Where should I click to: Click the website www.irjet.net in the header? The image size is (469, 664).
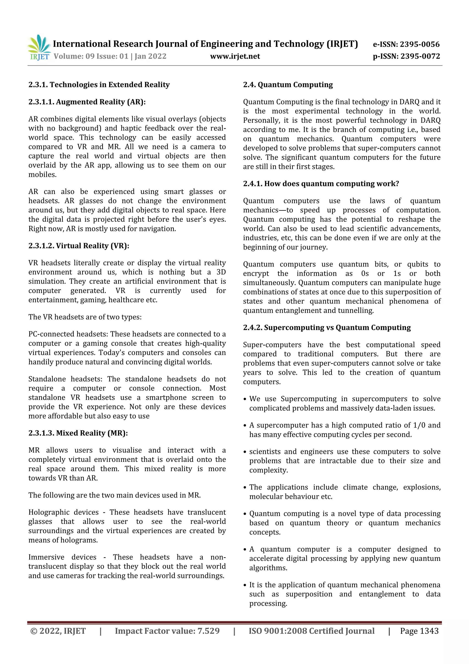[x=235, y=56]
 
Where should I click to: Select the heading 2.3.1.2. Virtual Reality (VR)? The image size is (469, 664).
[x=79, y=246]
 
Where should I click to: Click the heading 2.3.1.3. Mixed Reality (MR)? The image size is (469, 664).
[x=78, y=433]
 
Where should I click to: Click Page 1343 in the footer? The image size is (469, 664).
[x=419, y=631]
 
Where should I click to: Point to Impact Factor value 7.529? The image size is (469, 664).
[x=167, y=631]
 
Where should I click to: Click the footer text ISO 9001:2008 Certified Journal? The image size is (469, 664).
[x=311, y=631]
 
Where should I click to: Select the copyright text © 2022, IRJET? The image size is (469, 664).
[x=58, y=631]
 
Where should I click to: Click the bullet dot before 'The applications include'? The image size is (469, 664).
[x=245, y=488]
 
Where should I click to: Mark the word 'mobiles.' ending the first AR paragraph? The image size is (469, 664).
[x=42, y=175]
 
